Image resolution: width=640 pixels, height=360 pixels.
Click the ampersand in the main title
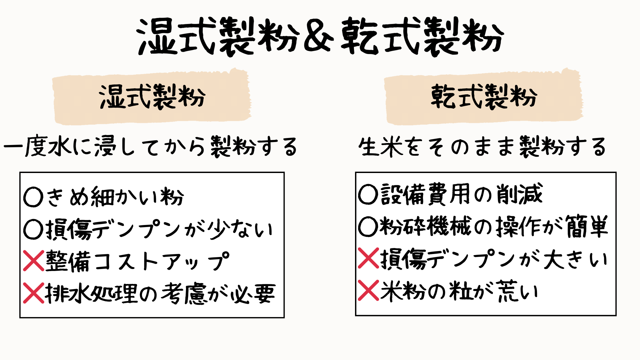point(318,36)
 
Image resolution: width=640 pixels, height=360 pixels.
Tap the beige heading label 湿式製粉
point(152,97)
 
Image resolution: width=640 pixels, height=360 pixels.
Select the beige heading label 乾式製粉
point(483,97)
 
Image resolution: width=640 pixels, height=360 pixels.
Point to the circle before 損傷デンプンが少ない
point(33,229)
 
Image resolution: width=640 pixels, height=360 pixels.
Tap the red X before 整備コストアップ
point(34,261)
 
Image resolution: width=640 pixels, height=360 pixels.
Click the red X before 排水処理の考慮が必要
point(34,293)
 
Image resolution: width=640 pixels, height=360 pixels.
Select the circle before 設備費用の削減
point(368,194)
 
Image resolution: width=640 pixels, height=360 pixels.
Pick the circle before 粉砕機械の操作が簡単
point(368,226)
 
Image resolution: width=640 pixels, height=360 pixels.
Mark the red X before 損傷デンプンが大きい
point(368,258)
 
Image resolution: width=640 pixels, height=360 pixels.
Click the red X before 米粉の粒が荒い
point(368,290)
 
